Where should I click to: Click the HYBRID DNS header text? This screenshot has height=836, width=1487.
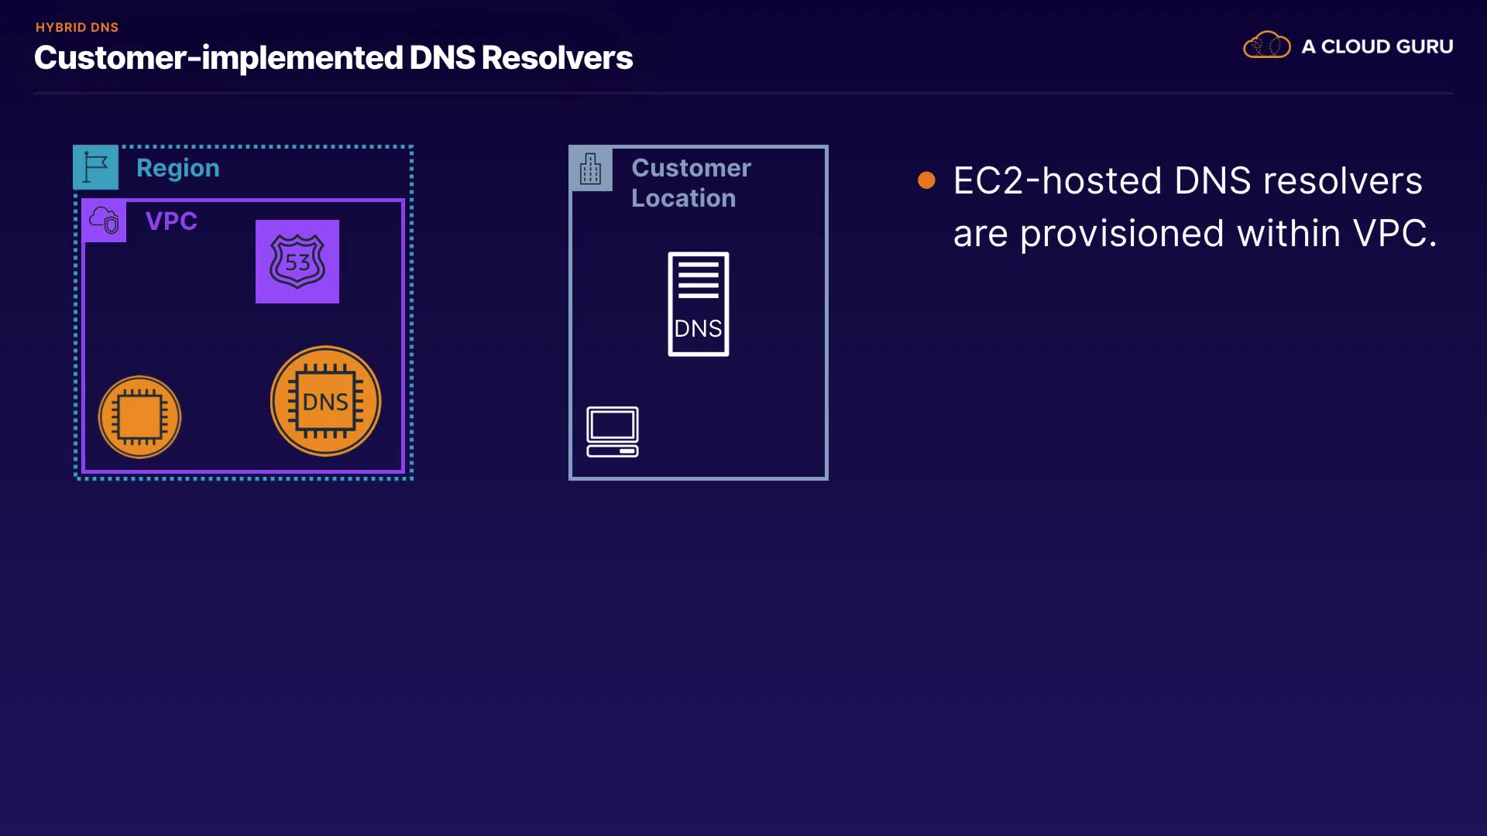77,27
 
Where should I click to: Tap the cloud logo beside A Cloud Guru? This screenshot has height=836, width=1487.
1266,46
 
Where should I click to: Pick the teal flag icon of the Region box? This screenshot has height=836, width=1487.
96,167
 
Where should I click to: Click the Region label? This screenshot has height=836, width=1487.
178,168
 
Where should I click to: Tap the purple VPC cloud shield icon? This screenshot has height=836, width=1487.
105,221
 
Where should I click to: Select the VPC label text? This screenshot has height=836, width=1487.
171,221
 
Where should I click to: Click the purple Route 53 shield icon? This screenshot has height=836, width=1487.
297,262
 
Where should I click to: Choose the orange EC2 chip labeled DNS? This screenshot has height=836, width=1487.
325,401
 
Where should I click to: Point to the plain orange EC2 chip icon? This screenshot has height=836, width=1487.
139,417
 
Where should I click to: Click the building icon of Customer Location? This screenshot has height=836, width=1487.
591,168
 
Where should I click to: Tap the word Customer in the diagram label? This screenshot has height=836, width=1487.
691,168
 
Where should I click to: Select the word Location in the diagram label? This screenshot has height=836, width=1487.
683,198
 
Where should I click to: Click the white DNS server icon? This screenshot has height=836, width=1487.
699,304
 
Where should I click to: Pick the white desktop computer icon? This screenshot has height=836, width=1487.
613,431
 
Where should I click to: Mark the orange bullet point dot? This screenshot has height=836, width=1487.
926,180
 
